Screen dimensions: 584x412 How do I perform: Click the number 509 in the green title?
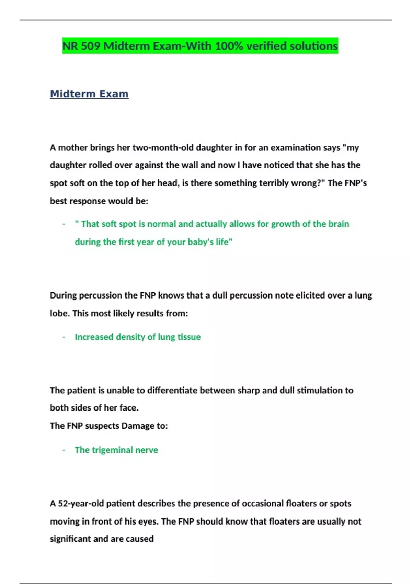click(91, 46)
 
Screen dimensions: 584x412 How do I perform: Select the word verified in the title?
click(266, 46)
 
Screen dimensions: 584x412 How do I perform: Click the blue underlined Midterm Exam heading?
click(89, 94)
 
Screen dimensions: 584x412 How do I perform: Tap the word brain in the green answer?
click(339, 224)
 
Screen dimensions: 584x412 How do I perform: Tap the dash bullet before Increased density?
click(64, 337)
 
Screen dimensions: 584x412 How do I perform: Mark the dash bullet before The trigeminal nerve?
click(64, 450)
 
